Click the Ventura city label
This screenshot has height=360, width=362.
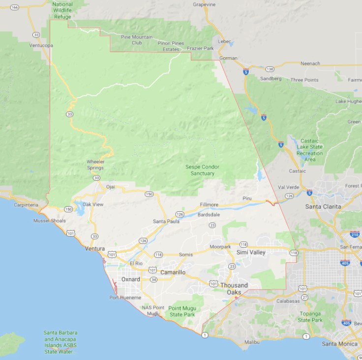tap(95, 249)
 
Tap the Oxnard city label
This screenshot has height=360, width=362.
tap(131, 279)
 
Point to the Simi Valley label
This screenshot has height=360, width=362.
tap(251, 252)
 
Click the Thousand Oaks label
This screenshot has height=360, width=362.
tap(234, 289)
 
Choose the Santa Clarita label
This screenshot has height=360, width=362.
tap(323, 206)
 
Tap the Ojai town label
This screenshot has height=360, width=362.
tap(110, 187)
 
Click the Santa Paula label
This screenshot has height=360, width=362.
tap(166, 221)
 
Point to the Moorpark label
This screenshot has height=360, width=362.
tap(220, 246)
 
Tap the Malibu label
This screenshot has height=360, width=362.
tap(251, 341)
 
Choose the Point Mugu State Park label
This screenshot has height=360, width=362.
tap(182, 311)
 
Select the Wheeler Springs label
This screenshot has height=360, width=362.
tap(95, 164)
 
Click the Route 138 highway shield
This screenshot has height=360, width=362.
tap(269, 69)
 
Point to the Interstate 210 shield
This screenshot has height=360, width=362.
tap(355, 234)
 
